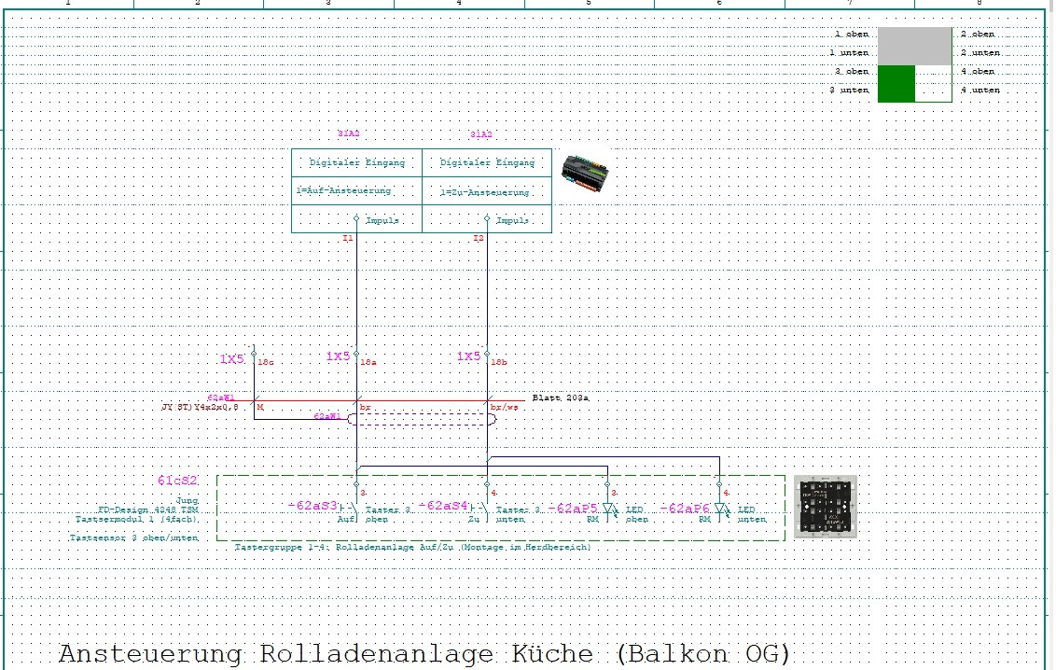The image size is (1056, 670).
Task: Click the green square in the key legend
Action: click(896, 82)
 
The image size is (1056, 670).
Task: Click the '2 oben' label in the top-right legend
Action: click(978, 34)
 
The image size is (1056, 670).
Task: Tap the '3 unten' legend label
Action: click(851, 91)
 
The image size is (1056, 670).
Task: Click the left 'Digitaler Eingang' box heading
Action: click(357, 162)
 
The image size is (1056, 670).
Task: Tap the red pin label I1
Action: click(348, 239)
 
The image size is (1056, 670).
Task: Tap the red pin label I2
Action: click(479, 239)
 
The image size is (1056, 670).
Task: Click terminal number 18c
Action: click(264, 361)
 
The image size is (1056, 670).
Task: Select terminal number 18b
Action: click(499, 361)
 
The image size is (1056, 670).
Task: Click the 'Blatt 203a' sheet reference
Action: click(561, 398)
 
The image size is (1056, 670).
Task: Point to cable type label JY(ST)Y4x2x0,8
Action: click(200, 407)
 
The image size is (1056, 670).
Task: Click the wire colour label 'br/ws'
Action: click(504, 407)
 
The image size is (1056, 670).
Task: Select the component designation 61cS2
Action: click(177, 481)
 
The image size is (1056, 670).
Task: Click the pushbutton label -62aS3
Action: click(313, 505)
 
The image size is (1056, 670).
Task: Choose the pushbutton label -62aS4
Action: click(444, 505)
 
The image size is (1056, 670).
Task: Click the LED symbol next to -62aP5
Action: click(609, 509)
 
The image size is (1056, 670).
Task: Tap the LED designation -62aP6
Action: click(686, 509)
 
